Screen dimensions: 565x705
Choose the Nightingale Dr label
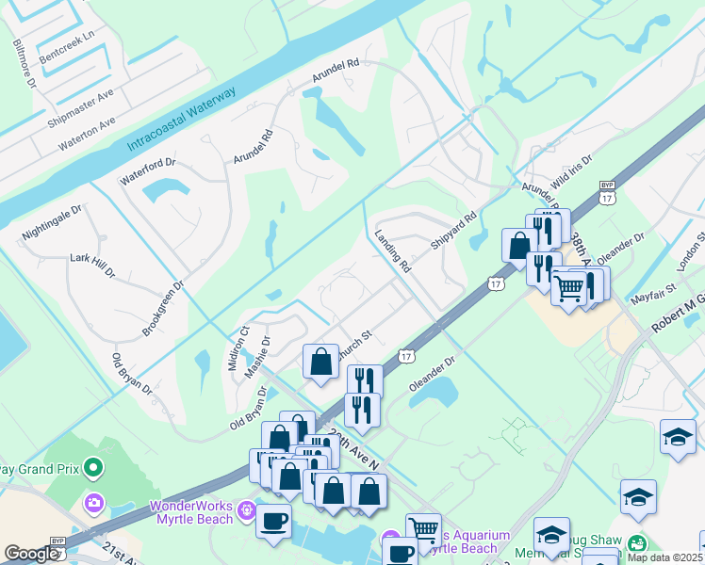pyautogui.click(x=53, y=223)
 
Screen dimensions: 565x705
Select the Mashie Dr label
pyautogui.click(x=257, y=355)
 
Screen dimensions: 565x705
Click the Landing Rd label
pyautogui.click(x=393, y=252)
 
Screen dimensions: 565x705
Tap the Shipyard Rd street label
pyautogui.click(x=454, y=231)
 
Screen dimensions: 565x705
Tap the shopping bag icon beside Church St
pyautogui.click(x=320, y=362)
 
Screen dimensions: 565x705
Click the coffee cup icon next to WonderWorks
pyautogui.click(x=273, y=521)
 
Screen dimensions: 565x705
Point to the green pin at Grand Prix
pyautogui.click(x=92, y=467)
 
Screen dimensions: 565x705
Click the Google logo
pyautogui.click(x=32, y=554)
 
